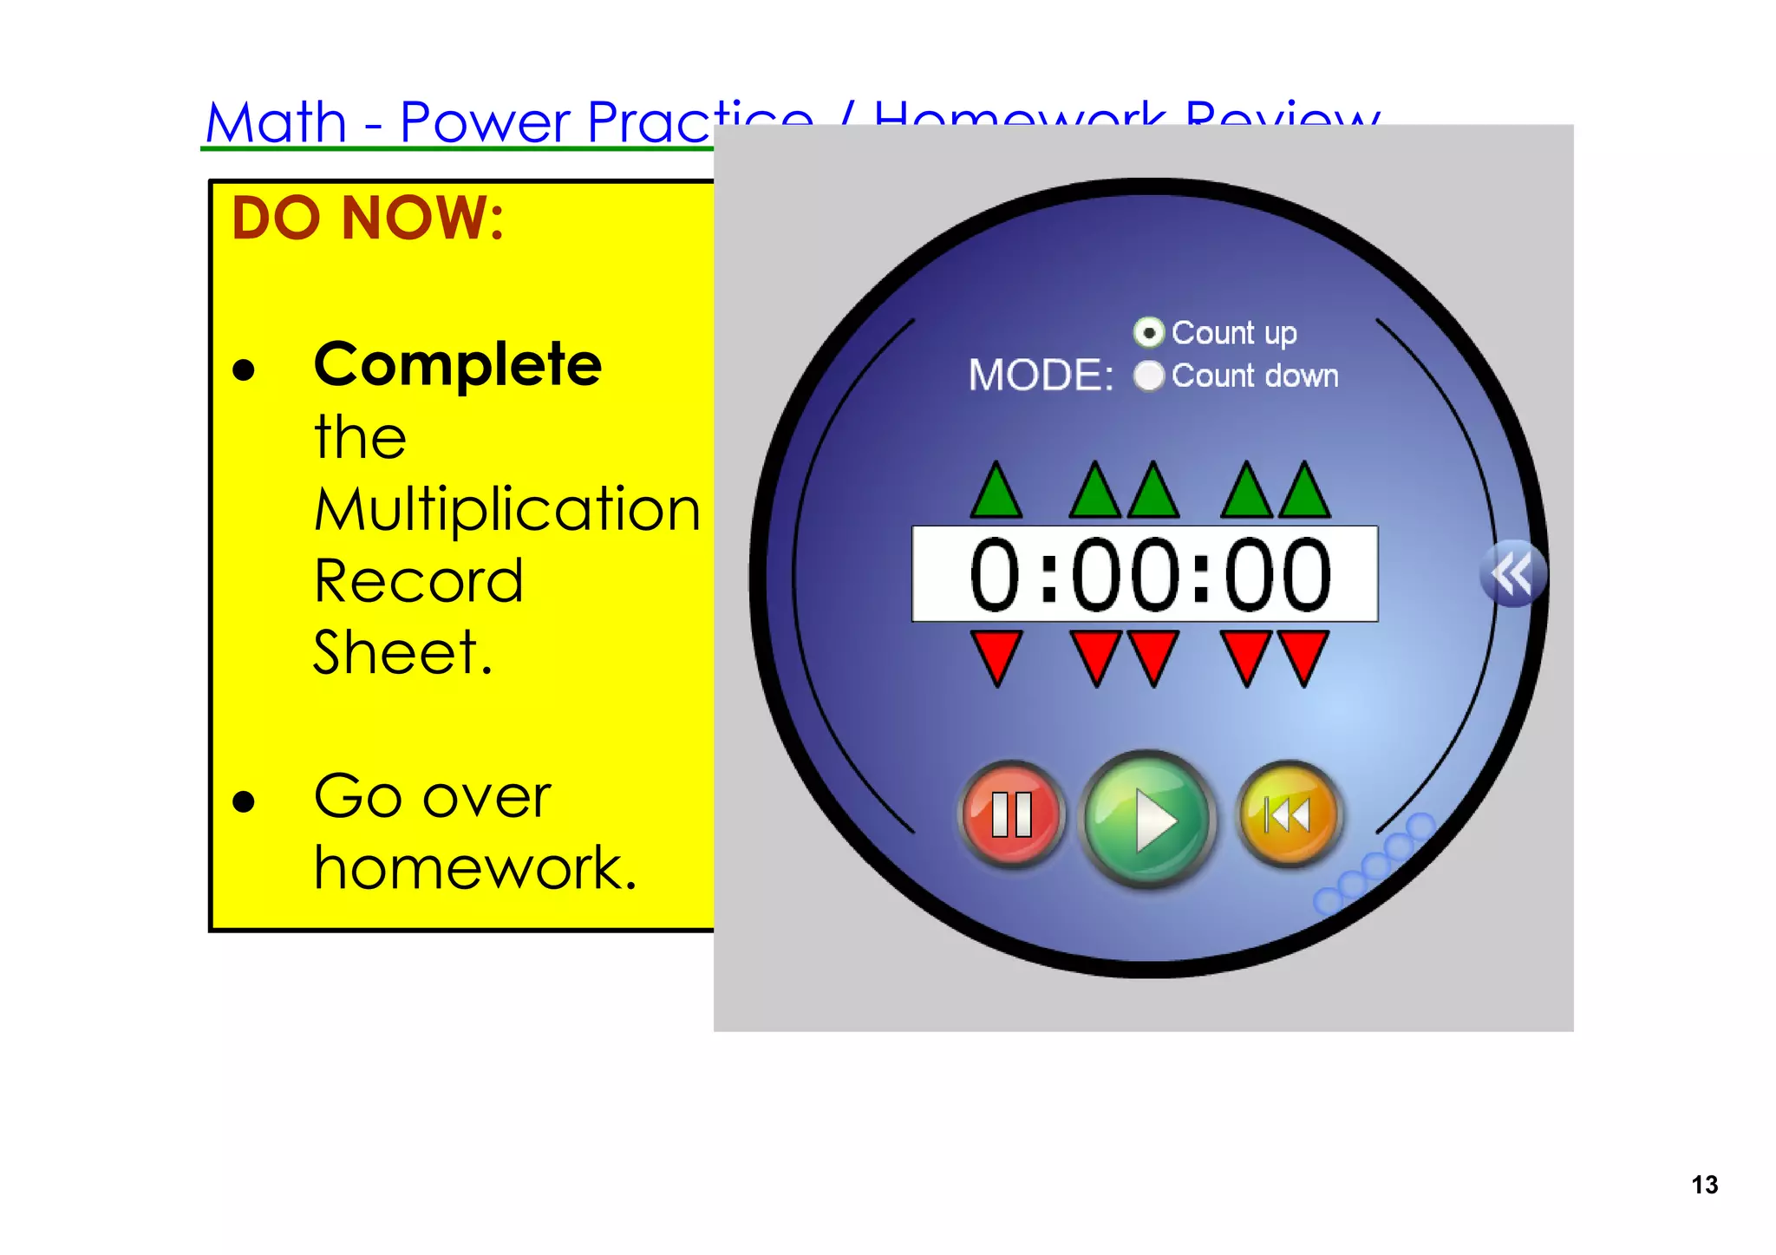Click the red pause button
(x=1011, y=814)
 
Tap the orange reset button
(x=1289, y=814)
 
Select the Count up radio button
(x=1149, y=332)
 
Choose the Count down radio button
(x=1149, y=376)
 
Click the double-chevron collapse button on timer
(x=1512, y=573)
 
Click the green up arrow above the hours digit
(x=996, y=492)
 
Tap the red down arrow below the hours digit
(x=996, y=657)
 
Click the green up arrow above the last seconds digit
(x=1304, y=492)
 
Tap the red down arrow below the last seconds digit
(x=1304, y=657)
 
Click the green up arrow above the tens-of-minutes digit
(x=1096, y=492)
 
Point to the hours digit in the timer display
(x=995, y=574)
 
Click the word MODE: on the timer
(x=1041, y=376)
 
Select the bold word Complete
(x=457, y=364)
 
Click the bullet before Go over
(x=244, y=801)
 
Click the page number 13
(x=1704, y=1185)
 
